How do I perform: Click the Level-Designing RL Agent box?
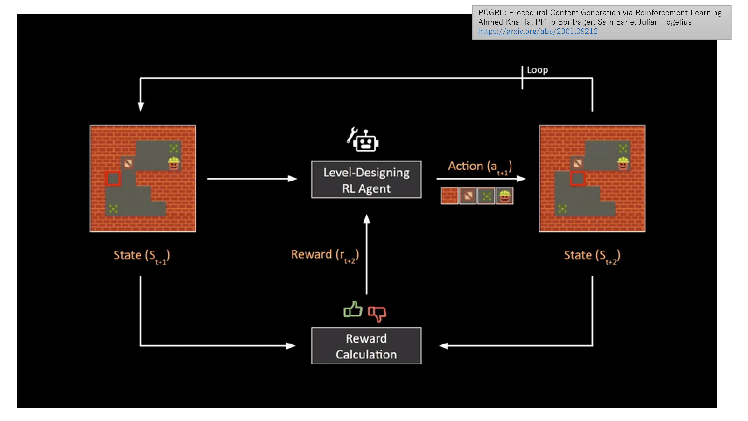pos(366,180)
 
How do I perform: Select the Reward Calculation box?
pos(366,346)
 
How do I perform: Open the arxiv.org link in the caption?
pos(538,31)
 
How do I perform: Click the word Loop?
pos(537,70)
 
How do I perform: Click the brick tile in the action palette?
pos(449,196)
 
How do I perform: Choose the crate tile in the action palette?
pos(467,196)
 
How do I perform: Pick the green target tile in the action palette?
pos(486,196)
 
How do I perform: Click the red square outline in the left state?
pos(113,178)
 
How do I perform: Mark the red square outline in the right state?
pos(578,178)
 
